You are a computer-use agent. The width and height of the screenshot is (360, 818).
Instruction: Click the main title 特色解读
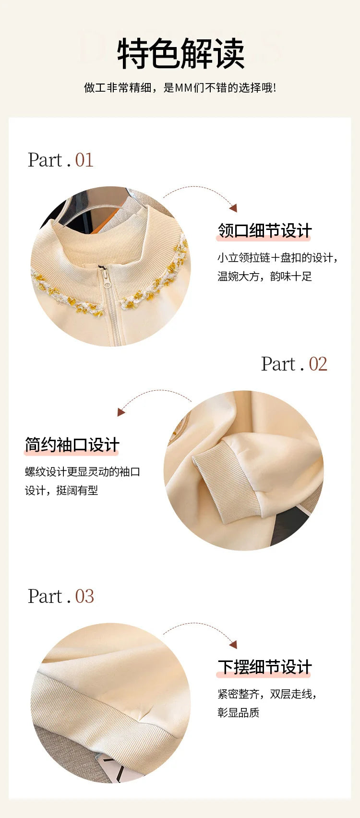point(180,53)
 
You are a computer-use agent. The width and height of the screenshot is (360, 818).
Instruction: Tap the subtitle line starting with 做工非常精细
point(180,88)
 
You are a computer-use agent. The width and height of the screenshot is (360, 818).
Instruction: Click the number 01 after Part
point(84,160)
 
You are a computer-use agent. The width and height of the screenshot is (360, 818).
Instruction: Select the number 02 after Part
point(318,364)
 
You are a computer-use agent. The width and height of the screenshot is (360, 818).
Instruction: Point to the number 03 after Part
point(84,596)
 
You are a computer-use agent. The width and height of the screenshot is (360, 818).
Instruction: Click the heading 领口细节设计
point(264,231)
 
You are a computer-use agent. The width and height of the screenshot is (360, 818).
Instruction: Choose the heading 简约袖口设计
point(72,445)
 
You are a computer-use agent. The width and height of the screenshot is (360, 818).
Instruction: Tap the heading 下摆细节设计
point(264,667)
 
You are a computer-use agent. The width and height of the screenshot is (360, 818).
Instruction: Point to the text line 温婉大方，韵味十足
point(264,277)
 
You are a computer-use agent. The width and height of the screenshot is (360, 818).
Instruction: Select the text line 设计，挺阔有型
point(61,490)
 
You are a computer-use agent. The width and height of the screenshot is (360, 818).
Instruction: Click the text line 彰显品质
point(239,712)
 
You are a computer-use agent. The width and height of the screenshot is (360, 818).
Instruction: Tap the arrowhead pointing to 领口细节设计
point(234,208)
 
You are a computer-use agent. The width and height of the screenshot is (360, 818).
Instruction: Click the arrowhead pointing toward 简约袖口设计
point(121,412)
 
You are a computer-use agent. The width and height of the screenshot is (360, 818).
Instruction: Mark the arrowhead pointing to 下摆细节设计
point(234,645)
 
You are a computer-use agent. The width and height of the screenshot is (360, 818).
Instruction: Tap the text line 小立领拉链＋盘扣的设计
point(277,258)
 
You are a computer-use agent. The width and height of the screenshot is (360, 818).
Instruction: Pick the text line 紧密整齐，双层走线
point(267,694)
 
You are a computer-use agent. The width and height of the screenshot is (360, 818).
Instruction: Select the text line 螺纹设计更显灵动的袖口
point(83,471)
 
